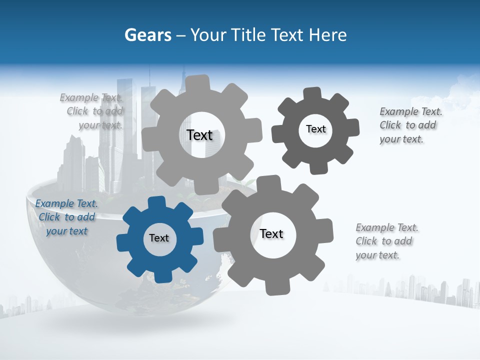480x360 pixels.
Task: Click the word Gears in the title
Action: point(147,35)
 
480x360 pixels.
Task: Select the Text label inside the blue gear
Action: point(159,238)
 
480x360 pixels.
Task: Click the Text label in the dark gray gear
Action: point(315,129)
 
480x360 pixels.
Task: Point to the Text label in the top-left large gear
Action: point(199,135)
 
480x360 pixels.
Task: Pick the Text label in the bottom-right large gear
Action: point(271,234)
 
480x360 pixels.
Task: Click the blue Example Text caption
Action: point(66,217)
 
